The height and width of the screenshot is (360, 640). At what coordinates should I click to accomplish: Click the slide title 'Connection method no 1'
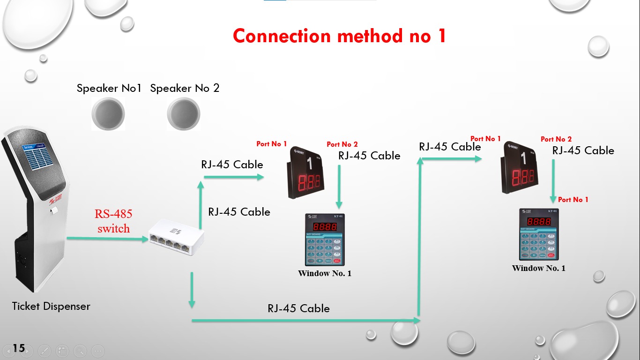[x=339, y=36]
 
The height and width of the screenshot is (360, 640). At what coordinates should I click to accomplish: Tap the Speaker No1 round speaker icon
[x=108, y=114]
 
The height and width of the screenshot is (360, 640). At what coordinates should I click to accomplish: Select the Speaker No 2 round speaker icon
[x=183, y=114]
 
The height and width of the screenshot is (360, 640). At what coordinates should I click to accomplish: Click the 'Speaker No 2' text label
[x=185, y=88]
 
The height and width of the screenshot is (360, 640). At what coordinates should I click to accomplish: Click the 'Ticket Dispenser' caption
[x=51, y=306]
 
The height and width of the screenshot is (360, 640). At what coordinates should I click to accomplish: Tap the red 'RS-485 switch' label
[x=113, y=221]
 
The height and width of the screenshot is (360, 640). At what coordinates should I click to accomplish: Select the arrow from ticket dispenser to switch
[x=107, y=239]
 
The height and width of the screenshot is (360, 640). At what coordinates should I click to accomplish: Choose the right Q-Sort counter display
[x=520, y=168]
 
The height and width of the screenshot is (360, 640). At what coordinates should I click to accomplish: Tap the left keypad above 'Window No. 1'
[x=324, y=240]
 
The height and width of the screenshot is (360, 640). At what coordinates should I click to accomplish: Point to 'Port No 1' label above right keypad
[x=573, y=200]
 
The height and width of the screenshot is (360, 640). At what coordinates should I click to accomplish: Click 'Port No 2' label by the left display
[x=342, y=144]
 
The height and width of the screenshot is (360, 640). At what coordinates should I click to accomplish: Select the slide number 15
[x=19, y=348]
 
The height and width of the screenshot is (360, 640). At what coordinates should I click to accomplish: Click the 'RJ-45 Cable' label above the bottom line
[x=298, y=308]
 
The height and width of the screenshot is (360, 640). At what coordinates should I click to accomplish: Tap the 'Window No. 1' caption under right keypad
[x=538, y=268]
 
